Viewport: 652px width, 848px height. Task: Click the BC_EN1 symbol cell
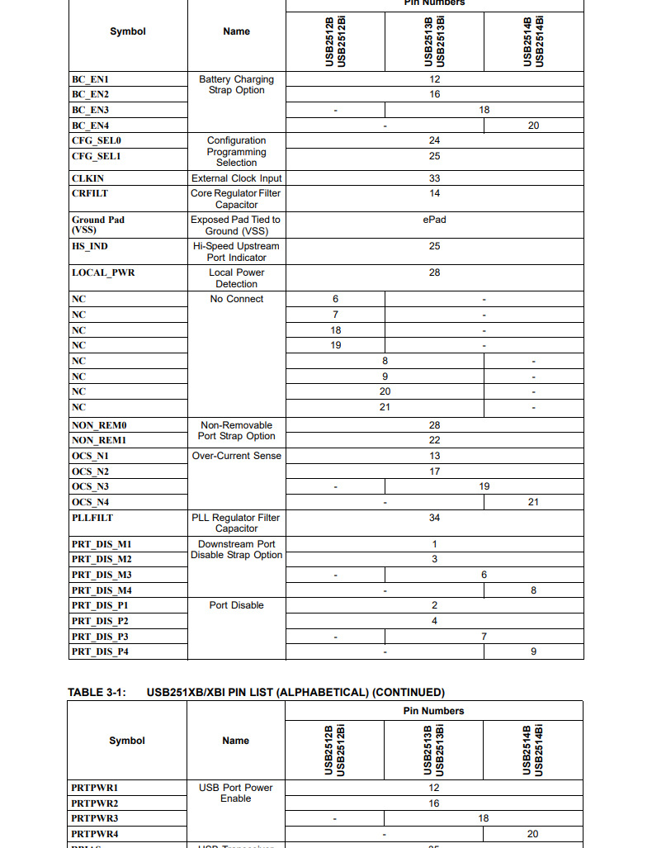[90, 79]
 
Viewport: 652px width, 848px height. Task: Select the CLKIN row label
[88, 178]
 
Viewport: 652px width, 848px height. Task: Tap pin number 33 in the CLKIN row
[434, 178]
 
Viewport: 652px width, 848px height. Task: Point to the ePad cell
[434, 220]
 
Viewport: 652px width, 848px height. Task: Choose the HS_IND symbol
[90, 246]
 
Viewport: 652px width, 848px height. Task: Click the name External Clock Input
[236, 178]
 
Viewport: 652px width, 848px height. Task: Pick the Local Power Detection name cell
[236, 278]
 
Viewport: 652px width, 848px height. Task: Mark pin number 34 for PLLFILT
[434, 518]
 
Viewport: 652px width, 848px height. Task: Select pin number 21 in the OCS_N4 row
[533, 502]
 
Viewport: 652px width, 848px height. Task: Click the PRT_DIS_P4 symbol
[100, 651]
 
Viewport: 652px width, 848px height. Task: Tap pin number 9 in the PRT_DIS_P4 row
[533, 651]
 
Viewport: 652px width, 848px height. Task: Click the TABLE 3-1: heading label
[97, 693]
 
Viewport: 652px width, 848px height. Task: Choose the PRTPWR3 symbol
[95, 818]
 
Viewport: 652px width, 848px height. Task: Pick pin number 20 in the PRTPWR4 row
[532, 834]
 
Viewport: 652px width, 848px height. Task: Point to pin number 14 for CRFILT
[434, 193]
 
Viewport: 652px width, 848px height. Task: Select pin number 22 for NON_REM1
[434, 440]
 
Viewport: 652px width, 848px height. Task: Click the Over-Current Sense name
[236, 456]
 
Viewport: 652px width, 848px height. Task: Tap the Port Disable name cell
[236, 605]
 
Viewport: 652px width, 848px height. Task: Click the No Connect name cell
[236, 299]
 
